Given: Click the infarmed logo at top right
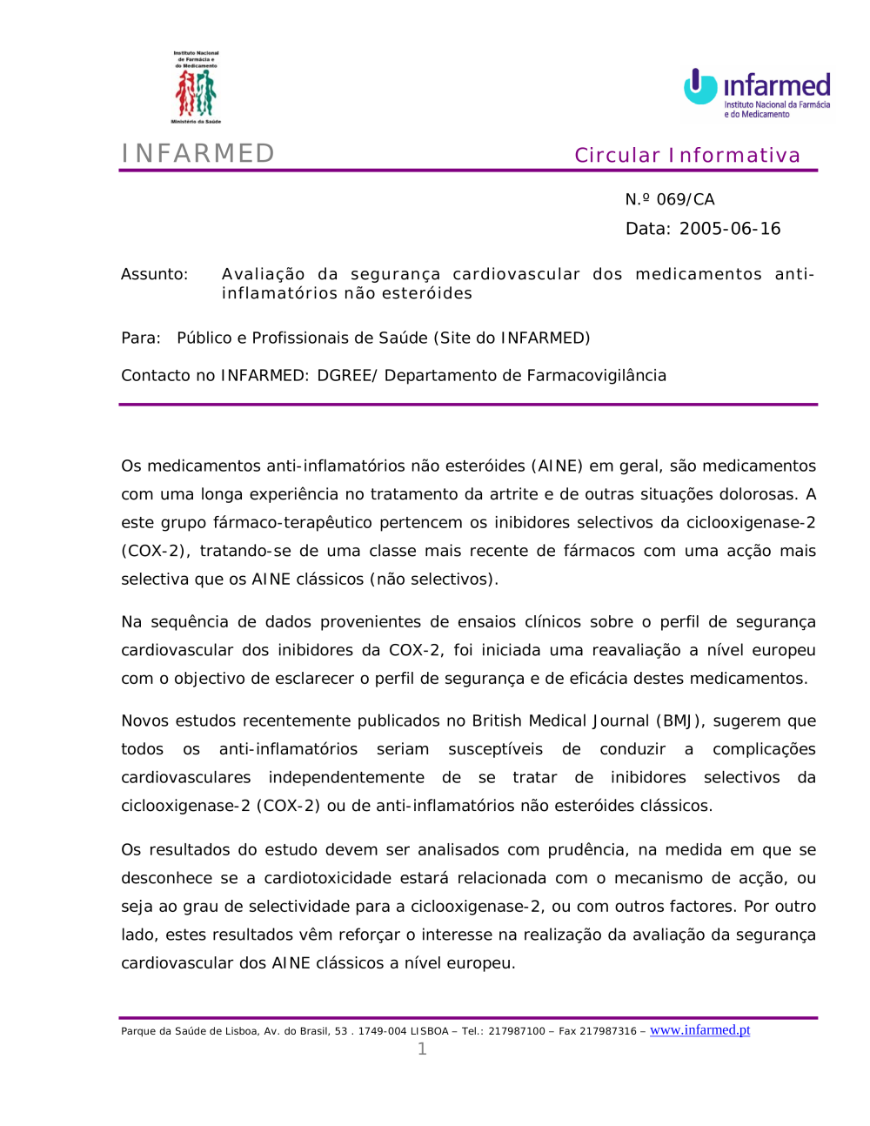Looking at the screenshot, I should coord(756,92).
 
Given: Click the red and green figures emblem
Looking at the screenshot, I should coord(196,92).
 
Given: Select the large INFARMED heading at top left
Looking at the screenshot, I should coord(198,153).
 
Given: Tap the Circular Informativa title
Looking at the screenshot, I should coord(686,155).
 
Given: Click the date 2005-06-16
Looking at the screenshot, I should coord(730,229).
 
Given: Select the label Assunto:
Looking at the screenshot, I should coord(154,274).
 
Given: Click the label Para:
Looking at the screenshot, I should coord(141,338).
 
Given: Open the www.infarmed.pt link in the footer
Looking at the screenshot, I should coord(699,1030).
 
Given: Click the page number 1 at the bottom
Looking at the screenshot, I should coord(422,1049).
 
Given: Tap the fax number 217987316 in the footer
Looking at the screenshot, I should coord(608,1031).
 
